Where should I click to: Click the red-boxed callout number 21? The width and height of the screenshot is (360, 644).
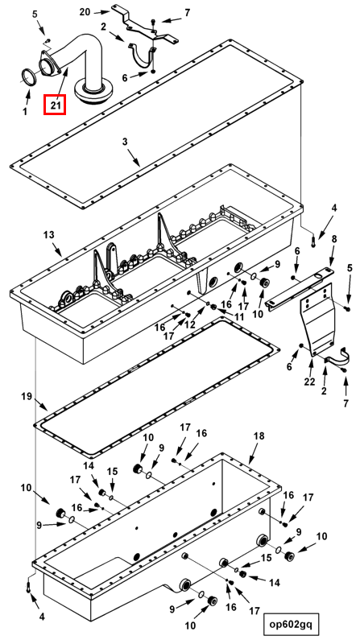pos(56,105)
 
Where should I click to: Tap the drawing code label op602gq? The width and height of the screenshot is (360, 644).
pos(291,625)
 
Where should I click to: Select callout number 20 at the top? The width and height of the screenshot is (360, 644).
pos(85,12)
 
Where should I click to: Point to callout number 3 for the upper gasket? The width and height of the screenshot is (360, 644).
pos(125,142)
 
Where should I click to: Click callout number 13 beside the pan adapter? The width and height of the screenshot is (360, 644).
pos(48,235)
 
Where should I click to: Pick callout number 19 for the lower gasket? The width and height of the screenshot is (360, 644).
pos(27,396)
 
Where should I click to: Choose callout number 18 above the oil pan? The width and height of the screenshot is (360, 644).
pos(259,436)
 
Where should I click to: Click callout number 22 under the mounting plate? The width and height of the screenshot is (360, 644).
pos(309,382)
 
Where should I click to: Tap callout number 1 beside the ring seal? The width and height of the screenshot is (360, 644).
pos(25,111)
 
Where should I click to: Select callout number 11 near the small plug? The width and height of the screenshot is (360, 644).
pos(238,316)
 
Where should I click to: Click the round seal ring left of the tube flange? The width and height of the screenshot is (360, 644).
pos(29,78)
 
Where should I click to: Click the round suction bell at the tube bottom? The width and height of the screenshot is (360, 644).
pos(93,92)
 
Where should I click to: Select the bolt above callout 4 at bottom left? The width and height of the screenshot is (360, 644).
pos(28,586)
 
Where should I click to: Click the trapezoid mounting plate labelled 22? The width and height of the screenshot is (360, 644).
pos(318,319)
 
